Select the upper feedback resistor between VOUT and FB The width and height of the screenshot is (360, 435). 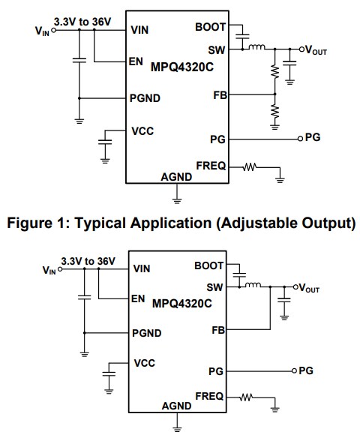point(275,71)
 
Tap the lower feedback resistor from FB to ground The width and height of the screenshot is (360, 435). point(275,111)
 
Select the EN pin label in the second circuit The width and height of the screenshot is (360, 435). point(138,298)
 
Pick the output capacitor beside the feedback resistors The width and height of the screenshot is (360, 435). point(292,67)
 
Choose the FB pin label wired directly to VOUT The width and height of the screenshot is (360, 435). point(217,330)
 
